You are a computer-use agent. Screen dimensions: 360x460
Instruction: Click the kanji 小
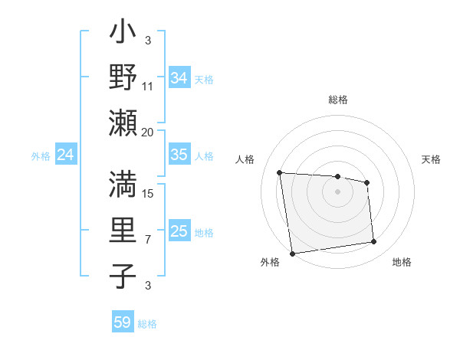pos(123,35)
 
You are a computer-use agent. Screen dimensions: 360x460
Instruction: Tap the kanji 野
pos(123,77)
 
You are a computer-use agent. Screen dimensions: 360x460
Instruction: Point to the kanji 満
pos(123,185)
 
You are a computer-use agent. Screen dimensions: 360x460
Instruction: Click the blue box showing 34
pos(179,77)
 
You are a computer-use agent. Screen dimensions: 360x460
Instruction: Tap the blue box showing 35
pos(179,155)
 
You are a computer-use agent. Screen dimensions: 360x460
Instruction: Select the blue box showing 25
pos(179,231)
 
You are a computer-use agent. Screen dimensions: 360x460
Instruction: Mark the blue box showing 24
pos(65,155)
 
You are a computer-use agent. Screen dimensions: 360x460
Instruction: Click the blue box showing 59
pos(123,322)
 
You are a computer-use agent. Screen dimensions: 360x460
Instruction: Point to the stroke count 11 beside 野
pos(148,87)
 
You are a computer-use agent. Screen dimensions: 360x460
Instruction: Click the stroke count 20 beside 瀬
pos(148,132)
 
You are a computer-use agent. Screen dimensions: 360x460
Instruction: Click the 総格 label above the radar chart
pos(338,100)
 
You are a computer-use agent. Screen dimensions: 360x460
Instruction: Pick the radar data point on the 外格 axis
pos(292,253)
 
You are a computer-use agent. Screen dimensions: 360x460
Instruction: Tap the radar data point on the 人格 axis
pos(280,172)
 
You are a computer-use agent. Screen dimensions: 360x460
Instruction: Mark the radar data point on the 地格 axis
pos(373,242)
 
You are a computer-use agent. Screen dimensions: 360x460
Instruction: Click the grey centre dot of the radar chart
pos(338,191)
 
